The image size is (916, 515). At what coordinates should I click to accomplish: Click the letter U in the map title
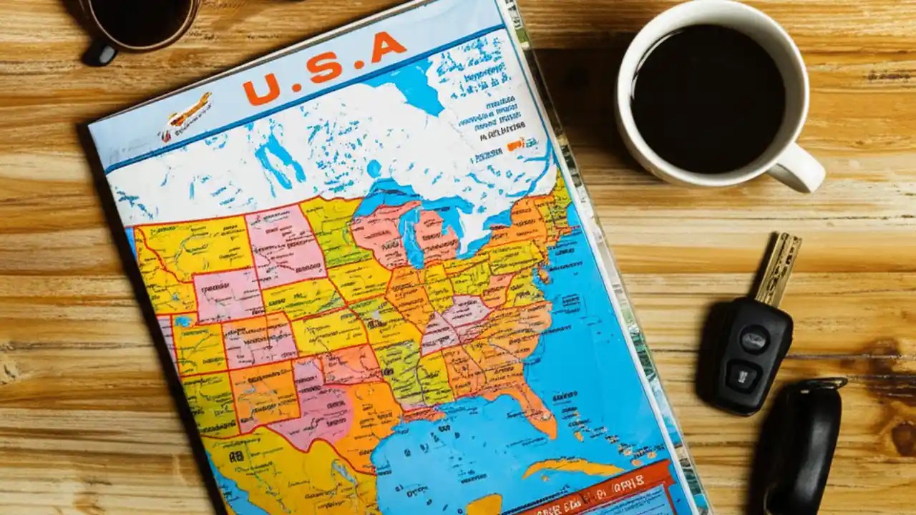coord(261,90)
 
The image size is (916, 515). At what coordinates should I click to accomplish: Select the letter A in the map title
coord(389,48)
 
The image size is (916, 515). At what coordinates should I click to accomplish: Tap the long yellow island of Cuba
coord(572,469)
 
